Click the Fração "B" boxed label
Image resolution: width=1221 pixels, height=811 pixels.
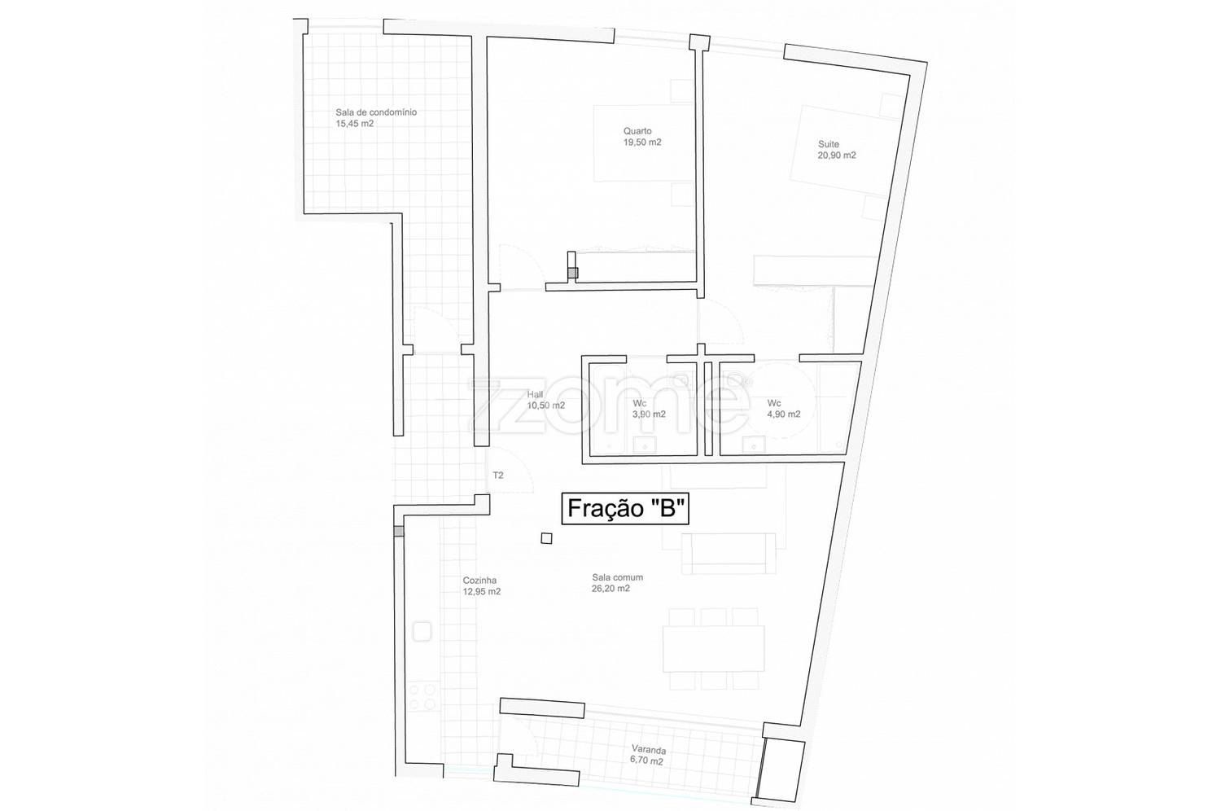point(624,508)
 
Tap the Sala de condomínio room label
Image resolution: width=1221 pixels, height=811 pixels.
point(376,112)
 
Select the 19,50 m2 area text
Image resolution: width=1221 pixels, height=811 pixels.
point(642,142)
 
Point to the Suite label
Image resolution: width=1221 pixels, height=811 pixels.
point(829,144)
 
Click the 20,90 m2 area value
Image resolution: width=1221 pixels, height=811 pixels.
point(837,156)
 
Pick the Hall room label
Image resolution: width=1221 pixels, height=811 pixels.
point(535,394)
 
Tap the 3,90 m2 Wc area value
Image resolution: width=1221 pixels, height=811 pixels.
point(649,414)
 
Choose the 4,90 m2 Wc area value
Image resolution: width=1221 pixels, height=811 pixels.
point(784,414)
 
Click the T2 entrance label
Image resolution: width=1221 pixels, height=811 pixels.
point(498,476)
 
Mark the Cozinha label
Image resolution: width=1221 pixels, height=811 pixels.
point(479,581)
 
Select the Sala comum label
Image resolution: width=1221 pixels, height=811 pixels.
point(618,577)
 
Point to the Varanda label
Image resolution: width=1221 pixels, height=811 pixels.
point(649,750)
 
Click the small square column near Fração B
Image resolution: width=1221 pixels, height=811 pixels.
point(546,538)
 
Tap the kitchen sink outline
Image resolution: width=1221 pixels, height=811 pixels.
point(422,632)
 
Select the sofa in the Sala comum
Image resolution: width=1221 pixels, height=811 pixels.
point(729,553)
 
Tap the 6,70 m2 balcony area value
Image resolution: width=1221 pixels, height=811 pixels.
point(647,761)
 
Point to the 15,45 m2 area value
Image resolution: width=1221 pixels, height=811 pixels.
point(355,124)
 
